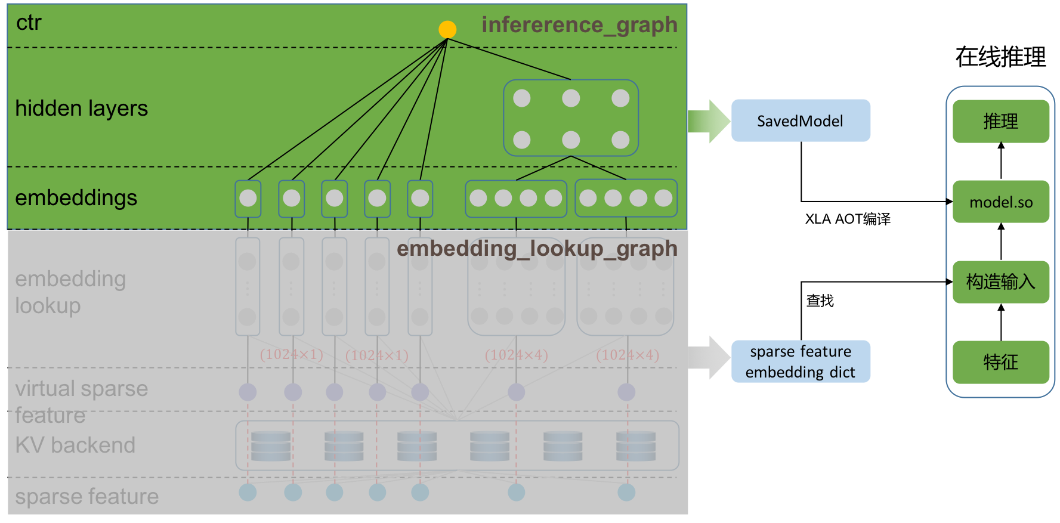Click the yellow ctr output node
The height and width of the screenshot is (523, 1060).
(447, 29)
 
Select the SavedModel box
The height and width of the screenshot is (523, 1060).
(801, 120)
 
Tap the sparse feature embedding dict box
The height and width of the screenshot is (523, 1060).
(801, 361)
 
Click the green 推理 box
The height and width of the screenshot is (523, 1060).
(1000, 121)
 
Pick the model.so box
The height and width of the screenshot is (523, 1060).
(1000, 202)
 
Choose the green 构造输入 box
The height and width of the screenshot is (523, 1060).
(1000, 281)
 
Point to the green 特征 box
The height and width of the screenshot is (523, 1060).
(1000, 362)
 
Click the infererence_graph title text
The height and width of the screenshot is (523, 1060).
(579, 25)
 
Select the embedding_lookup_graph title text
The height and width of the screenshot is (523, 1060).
(537, 249)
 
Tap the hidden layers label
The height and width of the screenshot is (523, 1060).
(81, 109)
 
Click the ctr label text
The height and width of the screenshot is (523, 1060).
(29, 23)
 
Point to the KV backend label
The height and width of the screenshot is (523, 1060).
(75, 445)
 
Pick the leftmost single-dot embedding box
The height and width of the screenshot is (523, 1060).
(248, 199)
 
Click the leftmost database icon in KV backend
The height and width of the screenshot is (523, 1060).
(271, 446)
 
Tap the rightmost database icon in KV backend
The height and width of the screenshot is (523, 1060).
(636, 446)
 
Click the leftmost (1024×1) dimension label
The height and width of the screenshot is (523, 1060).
(292, 355)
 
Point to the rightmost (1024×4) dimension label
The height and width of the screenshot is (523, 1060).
(628, 355)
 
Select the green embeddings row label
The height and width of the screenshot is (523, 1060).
(76, 198)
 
